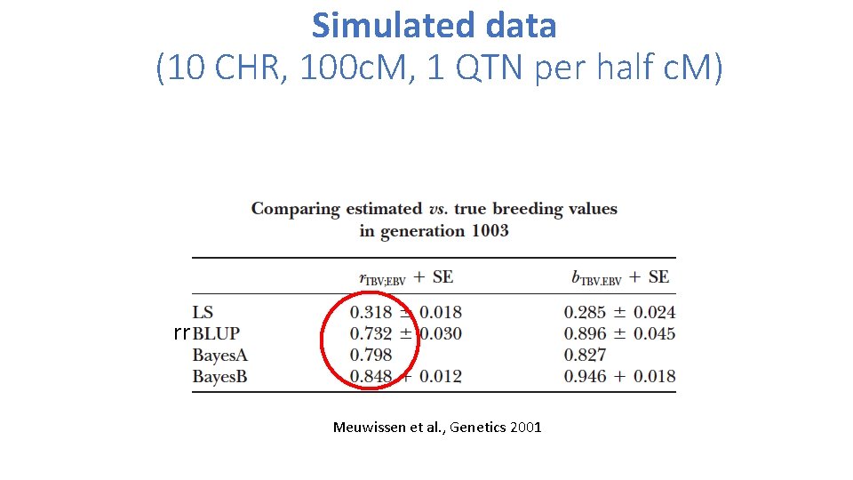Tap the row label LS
tap(203, 312)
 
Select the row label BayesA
tap(219, 356)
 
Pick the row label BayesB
tap(219, 377)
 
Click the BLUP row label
tap(216, 334)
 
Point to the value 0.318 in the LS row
tap(371, 312)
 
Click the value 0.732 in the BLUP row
tap(371, 333)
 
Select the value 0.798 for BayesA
tap(371, 355)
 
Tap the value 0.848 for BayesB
tap(371, 376)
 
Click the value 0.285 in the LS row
tap(585, 312)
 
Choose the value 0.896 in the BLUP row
tap(585, 333)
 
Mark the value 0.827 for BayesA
tap(585, 355)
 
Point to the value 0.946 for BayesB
tap(585, 376)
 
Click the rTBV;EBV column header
tap(381, 277)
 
